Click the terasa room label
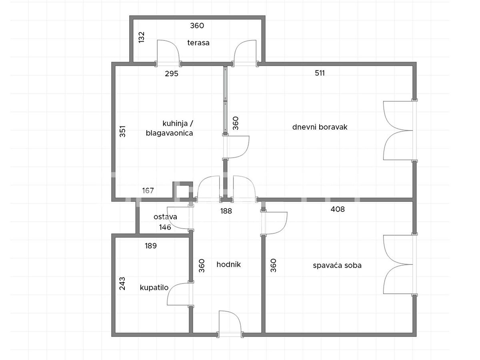click(x=198, y=43)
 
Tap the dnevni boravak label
click(x=320, y=127)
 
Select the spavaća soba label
click(x=337, y=265)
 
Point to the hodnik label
click(x=228, y=264)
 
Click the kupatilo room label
click(x=154, y=288)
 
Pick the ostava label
click(x=165, y=217)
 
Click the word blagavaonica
click(x=170, y=133)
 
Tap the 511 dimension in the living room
click(x=320, y=73)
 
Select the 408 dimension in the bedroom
click(x=338, y=209)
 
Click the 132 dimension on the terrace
click(x=142, y=37)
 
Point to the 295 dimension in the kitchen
click(x=172, y=74)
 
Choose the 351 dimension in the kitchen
click(x=123, y=131)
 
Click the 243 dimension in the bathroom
click(x=122, y=284)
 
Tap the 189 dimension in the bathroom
click(x=151, y=246)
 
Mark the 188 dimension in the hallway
click(x=226, y=211)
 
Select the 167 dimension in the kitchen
click(x=148, y=191)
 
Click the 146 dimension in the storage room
click(x=165, y=227)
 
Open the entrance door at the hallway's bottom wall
click(x=230, y=324)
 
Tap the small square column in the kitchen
click(x=183, y=191)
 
